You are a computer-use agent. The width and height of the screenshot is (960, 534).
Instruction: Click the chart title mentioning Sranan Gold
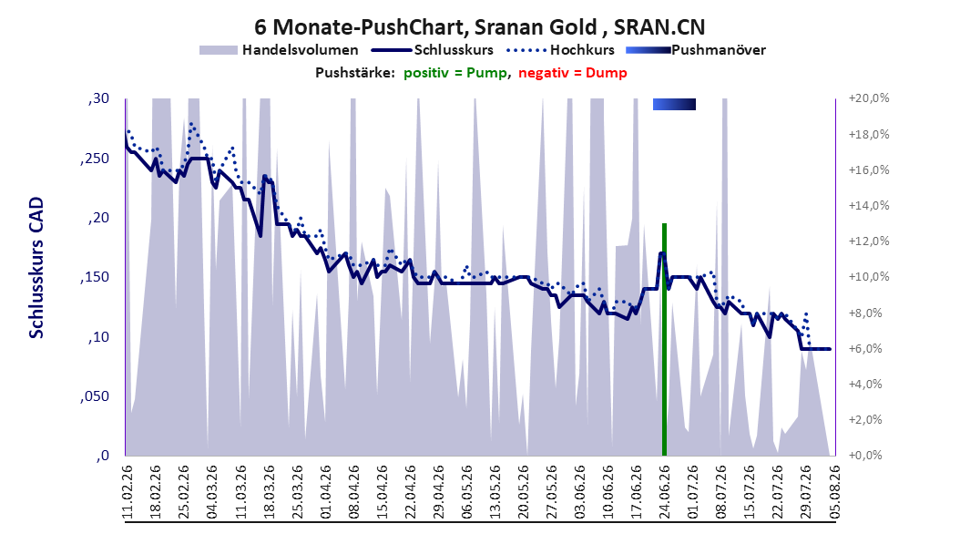[x=479, y=27]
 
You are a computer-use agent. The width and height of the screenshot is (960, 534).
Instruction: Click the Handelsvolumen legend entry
[x=279, y=50]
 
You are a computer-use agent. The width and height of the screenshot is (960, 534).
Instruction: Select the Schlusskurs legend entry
[x=433, y=50]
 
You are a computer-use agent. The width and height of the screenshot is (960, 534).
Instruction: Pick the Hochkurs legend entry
[x=560, y=50]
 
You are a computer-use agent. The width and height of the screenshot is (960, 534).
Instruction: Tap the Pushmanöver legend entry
[x=696, y=50]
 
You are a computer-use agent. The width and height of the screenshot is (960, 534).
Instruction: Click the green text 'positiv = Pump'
[x=454, y=73]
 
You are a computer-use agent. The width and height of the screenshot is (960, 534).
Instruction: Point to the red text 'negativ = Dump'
[x=573, y=73]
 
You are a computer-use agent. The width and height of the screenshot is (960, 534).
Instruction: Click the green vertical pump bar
[x=664, y=340]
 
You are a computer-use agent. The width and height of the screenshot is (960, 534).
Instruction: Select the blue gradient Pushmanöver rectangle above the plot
[x=674, y=104]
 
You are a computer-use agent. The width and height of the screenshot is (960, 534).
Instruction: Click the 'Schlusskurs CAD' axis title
[x=36, y=268]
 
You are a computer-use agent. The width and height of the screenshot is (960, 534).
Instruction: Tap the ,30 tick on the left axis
[x=98, y=98]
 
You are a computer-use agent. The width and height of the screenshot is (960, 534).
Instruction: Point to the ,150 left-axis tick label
[x=95, y=277]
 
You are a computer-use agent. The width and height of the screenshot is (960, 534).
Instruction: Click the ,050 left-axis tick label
[x=95, y=396]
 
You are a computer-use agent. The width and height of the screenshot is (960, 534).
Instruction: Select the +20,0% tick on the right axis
[x=869, y=98]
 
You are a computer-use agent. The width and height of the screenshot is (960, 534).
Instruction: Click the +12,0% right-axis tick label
[x=869, y=241]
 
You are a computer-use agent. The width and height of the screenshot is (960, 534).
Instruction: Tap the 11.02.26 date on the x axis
[x=128, y=492]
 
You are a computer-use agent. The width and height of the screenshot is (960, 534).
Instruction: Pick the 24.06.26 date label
[x=664, y=492]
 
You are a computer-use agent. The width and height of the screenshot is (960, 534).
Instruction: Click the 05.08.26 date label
[x=834, y=492]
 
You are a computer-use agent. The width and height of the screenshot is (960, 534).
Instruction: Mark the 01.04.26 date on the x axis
[x=325, y=492]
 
